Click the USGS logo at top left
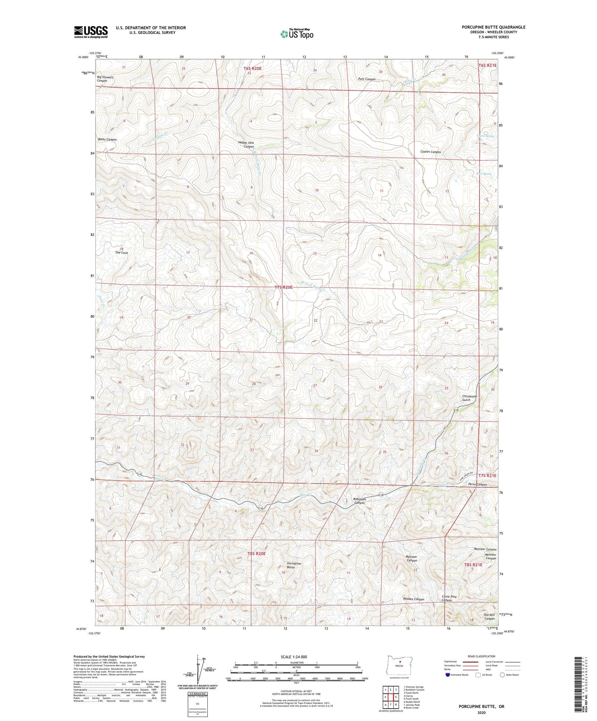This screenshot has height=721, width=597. pos(91,32)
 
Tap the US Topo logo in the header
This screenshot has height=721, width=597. pos(297,34)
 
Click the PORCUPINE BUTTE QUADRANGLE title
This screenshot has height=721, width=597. pos(493,27)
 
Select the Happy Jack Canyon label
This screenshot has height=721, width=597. pos(246,144)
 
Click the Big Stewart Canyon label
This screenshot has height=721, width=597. pos(105,79)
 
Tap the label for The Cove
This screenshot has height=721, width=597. pos(121,253)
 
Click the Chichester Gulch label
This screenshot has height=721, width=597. pos(469,398)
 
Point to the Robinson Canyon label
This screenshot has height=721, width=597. pos(359,501)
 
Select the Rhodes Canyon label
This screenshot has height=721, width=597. pos(414,599)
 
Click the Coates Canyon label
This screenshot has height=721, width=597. pos(430,152)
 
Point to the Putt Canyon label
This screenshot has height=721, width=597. pos(367,79)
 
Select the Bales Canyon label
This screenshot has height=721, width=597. pos(107,140)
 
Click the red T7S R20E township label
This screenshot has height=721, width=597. pos(283,287)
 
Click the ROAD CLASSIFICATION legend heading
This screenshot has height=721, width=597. pos(482,656)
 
